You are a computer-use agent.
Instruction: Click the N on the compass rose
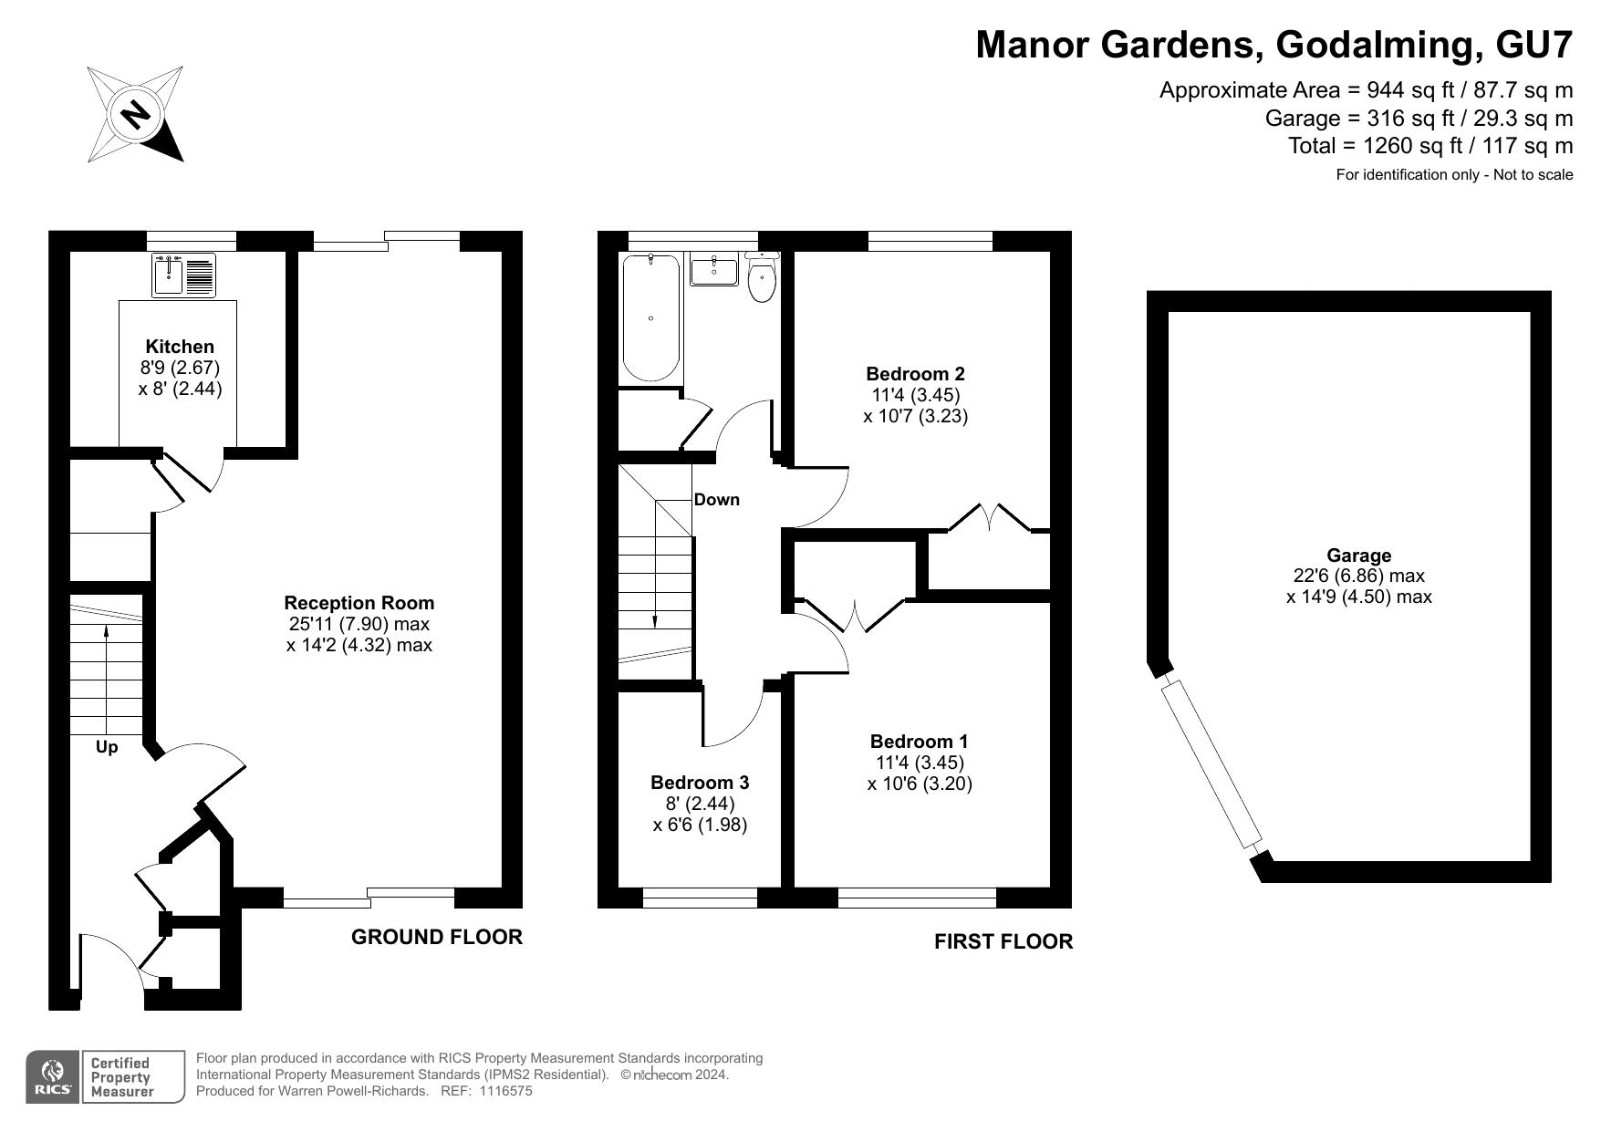pyautogui.click(x=136, y=115)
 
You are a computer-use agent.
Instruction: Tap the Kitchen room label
pyautogui.click(x=180, y=347)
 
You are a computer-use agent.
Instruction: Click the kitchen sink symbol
pyautogui.click(x=184, y=275)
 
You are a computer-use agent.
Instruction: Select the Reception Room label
pyautogui.click(x=359, y=603)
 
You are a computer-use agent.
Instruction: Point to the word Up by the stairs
pyautogui.click(x=107, y=747)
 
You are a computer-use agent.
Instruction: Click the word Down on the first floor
pyautogui.click(x=717, y=500)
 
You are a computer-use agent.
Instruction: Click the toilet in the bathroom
pyautogui.click(x=762, y=278)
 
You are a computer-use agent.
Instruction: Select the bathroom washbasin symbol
pyautogui.click(x=713, y=270)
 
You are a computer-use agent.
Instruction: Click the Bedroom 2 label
pyautogui.click(x=915, y=374)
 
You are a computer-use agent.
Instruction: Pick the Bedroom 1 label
pyautogui.click(x=919, y=742)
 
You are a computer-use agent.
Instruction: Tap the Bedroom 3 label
pyautogui.click(x=700, y=783)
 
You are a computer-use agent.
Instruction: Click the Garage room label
pyautogui.click(x=1358, y=556)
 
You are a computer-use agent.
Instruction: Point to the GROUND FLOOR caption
pyautogui.click(x=437, y=937)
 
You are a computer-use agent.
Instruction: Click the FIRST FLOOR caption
pyautogui.click(x=1003, y=941)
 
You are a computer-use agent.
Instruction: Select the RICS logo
pyautogui.click(x=52, y=1077)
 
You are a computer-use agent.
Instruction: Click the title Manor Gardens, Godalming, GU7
pyautogui.click(x=1274, y=44)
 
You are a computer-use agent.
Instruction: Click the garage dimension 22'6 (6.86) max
pyautogui.click(x=1358, y=576)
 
